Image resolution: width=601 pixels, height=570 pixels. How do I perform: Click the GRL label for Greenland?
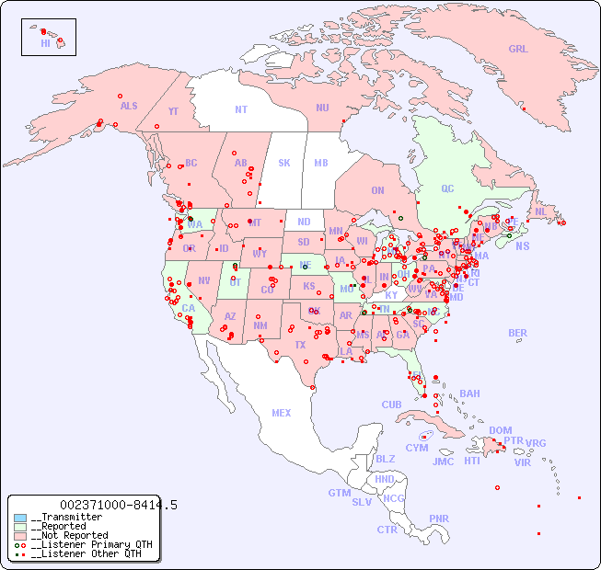click(518, 50)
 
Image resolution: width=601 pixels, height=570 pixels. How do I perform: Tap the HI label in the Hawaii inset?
click(45, 43)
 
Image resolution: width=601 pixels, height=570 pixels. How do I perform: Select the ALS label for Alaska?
click(129, 106)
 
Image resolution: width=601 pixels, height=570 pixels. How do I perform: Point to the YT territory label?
click(173, 111)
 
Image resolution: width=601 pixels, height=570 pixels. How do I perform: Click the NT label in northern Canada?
click(241, 108)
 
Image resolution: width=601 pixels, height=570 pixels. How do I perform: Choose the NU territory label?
click(322, 108)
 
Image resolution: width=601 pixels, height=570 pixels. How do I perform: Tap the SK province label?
click(284, 163)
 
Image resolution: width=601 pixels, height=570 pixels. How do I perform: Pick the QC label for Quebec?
click(447, 188)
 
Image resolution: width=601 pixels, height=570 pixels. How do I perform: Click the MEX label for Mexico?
click(282, 413)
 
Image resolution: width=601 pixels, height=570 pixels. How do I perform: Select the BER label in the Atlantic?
click(518, 333)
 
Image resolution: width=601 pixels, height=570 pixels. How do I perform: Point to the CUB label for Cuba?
click(391, 405)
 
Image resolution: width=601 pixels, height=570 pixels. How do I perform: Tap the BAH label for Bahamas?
click(469, 393)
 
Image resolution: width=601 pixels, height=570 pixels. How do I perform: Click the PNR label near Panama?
click(439, 519)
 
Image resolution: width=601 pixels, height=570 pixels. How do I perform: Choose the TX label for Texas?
click(300, 345)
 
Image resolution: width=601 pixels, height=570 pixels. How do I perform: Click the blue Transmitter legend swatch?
click(20, 518)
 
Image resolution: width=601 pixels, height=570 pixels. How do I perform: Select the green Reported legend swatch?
click(20, 527)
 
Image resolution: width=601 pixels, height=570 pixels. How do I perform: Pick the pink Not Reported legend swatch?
click(20, 535)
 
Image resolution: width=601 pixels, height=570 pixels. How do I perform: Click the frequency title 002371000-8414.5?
click(119, 505)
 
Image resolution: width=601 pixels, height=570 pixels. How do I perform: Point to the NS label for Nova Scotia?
click(522, 245)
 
